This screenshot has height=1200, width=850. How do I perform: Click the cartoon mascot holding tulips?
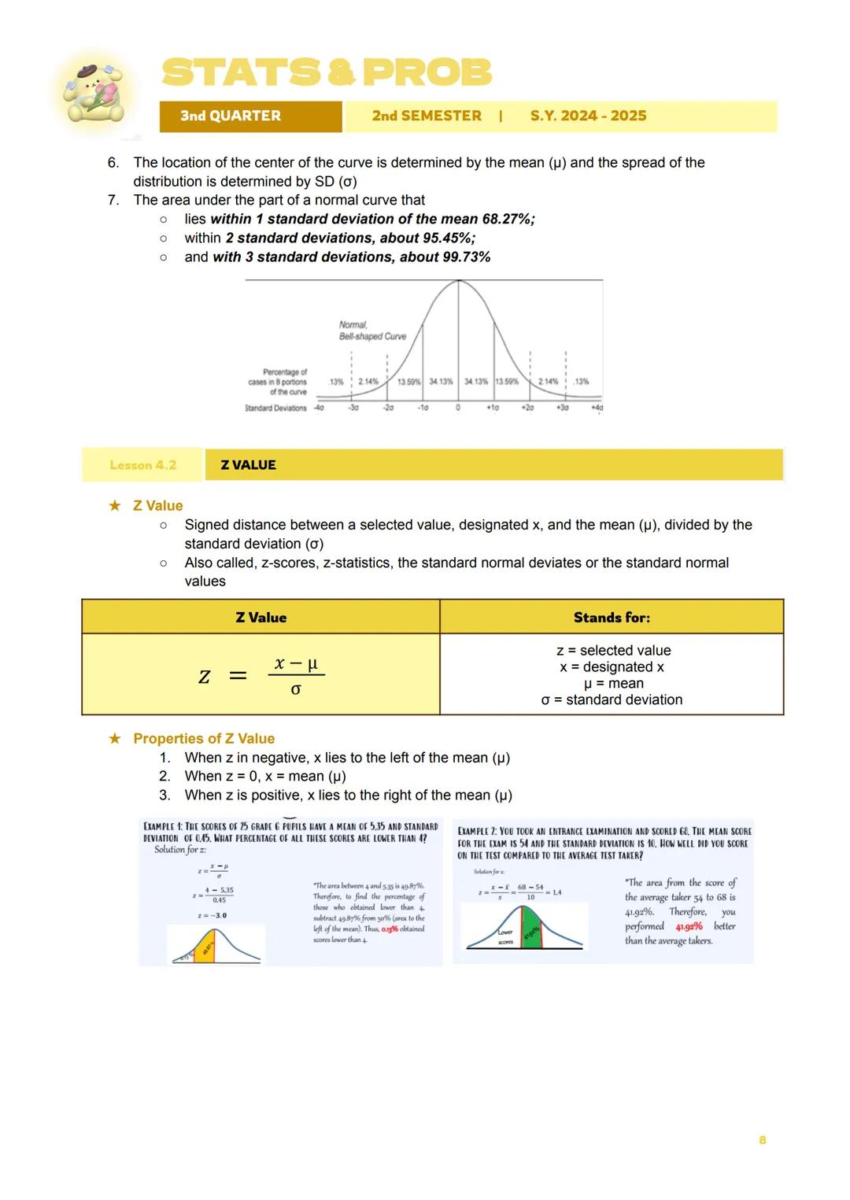(93, 93)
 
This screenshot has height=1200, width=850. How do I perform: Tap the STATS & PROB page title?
(326, 73)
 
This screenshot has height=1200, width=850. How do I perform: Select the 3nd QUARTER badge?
(230, 116)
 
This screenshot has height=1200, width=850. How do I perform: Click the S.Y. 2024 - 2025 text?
(588, 116)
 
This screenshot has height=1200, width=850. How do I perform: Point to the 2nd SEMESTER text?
(427, 116)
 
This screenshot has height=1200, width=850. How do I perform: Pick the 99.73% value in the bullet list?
(464, 257)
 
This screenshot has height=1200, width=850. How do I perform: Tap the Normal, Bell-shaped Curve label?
(372, 330)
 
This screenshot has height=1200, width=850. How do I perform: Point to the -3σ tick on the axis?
(353, 408)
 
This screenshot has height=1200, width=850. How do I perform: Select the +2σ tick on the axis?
(527, 408)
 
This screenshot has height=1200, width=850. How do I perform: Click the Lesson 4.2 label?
(142, 465)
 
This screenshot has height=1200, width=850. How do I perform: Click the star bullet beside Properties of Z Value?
(115, 739)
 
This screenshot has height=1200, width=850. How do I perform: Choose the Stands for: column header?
(612, 618)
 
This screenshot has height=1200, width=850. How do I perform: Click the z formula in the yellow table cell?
(261, 676)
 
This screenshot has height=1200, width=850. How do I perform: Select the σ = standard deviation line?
(612, 700)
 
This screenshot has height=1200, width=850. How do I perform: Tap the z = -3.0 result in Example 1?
(213, 916)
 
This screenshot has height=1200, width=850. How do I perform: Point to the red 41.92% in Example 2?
(689, 926)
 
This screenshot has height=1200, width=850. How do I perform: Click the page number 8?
(762, 1140)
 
